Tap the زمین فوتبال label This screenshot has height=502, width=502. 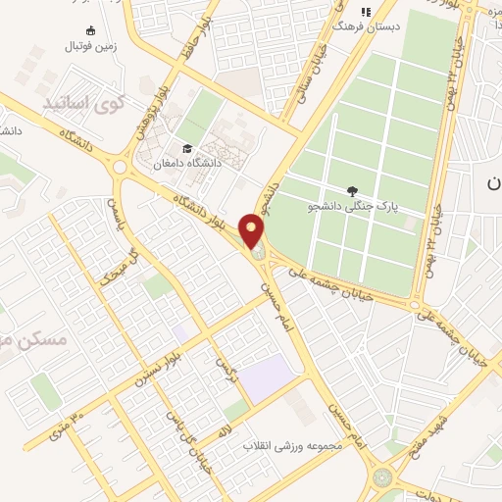90,45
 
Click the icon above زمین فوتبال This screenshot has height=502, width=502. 91,29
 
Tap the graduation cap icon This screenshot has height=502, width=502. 185,148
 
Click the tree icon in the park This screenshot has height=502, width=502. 352,190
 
